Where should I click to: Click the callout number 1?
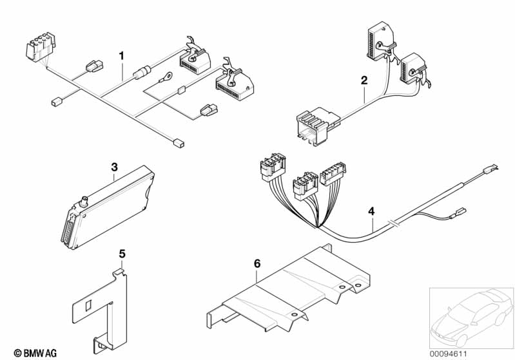[x=122, y=56]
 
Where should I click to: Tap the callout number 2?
[x=364, y=80]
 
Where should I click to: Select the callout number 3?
[x=114, y=167]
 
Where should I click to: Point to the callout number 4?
[x=371, y=211]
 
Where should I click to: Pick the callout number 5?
[x=122, y=254]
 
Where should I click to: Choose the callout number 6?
[x=257, y=263]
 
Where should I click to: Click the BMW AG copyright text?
[x=35, y=353]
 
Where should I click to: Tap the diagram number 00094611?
[x=448, y=354]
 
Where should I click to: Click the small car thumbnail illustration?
[x=471, y=318]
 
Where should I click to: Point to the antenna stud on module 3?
[x=84, y=201]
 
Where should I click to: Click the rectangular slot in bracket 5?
[x=88, y=305]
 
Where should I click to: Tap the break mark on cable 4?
[x=393, y=224]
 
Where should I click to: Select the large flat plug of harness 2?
[x=315, y=126]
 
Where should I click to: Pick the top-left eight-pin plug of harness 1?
[x=41, y=47]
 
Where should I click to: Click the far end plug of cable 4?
[x=490, y=169]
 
